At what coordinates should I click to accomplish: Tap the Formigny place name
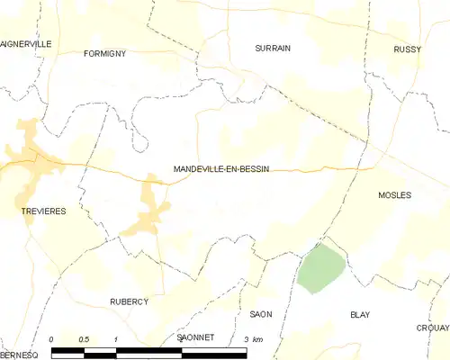(x=104, y=54)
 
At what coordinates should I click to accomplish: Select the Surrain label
(x=273, y=49)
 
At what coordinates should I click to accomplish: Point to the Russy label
(x=408, y=49)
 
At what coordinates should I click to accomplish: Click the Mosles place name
(x=394, y=195)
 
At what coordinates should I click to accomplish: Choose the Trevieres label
(x=39, y=211)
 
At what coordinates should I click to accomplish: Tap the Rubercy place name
(x=129, y=301)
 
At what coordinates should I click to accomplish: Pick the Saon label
(x=261, y=314)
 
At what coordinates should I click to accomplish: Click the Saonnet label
(x=195, y=337)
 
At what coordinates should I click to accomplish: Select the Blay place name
(x=360, y=315)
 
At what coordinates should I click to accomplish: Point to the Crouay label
(x=432, y=328)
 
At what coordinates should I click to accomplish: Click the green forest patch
(x=321, y=268)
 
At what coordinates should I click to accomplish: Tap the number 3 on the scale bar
(x=246, y=338)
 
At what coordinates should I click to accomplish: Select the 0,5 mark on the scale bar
(x=84, y=338)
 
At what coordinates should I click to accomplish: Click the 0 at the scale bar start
(x=52, y=338)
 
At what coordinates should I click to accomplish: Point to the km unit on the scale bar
(x=258, y=338)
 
